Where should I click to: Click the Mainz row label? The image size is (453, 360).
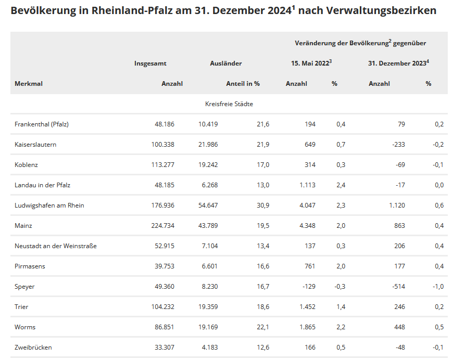coord(23,226)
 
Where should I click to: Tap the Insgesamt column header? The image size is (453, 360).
coord(150,63)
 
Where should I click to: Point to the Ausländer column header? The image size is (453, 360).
coord(225,63)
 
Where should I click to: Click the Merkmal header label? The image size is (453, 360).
coord(29,84)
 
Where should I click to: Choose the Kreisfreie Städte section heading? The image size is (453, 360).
coord(229,104)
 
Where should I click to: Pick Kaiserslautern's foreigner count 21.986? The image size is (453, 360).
coord(208,145)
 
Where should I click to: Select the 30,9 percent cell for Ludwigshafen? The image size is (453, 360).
coord(263,205)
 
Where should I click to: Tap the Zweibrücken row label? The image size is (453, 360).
coord(33,348)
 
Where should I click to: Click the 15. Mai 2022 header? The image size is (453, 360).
coord(311,63)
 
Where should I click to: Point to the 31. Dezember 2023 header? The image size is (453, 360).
coord(398,63)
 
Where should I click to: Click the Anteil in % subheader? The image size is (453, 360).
coord(243,84)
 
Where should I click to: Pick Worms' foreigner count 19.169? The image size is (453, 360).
coord(208,327)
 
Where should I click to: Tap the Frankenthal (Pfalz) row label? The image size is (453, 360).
coord(42,124)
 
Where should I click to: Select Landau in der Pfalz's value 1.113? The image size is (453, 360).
coord(306,185)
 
